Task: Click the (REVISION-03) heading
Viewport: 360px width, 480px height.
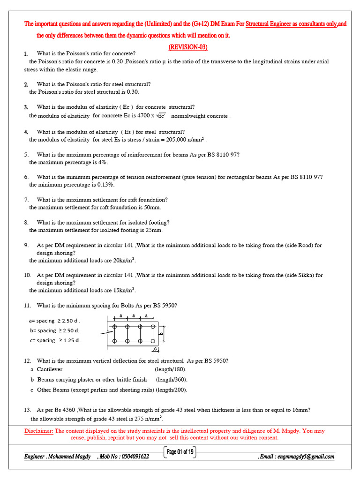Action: pyautogui.click(x=187, y=47)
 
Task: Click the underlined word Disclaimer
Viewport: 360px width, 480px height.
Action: pyautogui.click(x=38, y=431)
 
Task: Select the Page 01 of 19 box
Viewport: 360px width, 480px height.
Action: pyautogui.click(x=180, y=452)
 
